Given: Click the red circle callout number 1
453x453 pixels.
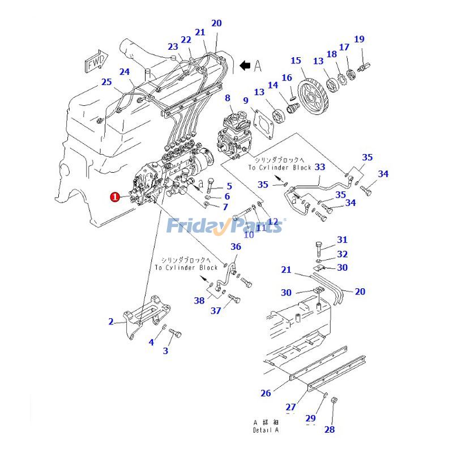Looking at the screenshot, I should point(114,197).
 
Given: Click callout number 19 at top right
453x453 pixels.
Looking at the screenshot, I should point(359,39).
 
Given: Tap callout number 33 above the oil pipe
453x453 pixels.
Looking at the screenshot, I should point(320,167).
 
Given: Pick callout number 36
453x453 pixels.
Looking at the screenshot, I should point(236,246).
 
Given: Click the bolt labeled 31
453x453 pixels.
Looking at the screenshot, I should point(319,247).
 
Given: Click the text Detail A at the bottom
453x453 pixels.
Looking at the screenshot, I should point(266,430).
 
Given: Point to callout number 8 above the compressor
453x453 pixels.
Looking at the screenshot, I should point(228,98).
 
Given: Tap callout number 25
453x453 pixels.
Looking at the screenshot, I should point(106,82).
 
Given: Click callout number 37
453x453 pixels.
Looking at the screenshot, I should point(216,310).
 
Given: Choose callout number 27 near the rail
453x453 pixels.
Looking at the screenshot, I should point(290,407).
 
